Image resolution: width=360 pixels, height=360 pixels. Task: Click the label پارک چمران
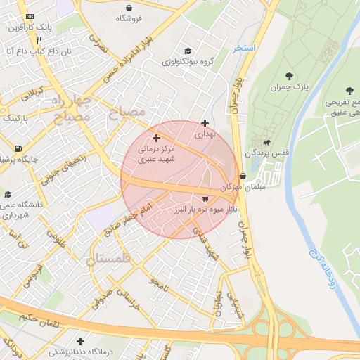(290, 86)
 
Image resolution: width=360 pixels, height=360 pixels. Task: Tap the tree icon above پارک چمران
(290, 75)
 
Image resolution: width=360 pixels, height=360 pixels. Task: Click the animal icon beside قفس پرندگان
(266, 142)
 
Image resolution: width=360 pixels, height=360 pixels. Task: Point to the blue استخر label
(244, 48)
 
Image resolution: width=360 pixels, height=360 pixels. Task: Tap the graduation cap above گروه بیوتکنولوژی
(187, 51)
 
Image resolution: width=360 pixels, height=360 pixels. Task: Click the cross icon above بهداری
(204, 123)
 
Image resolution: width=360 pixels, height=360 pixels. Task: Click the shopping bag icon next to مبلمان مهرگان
(243, 176)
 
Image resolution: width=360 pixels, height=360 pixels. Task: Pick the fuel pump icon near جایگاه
(17, 148)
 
